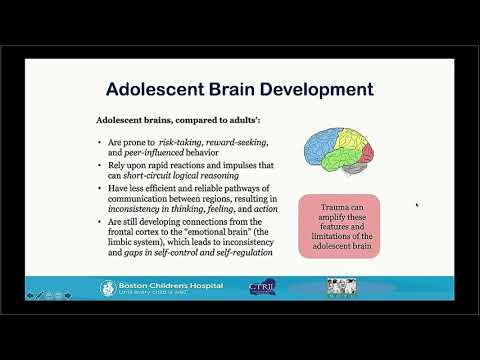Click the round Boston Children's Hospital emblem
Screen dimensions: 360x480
pos(107,288)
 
